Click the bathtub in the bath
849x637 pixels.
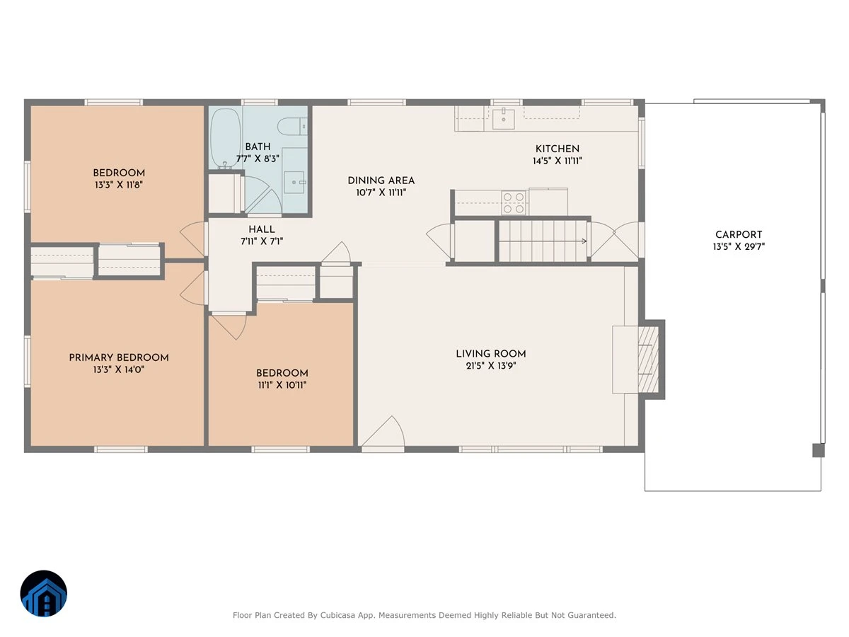coord(225,138)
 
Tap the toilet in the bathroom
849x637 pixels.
coord(292,127)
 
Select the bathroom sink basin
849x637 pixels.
coord(295,182)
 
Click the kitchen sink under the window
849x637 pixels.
coord(503,119)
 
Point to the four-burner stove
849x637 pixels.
coord(513,203)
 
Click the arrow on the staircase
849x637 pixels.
coord(543,241)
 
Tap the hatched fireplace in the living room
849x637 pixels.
coord(648,360)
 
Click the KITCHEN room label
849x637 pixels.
coord(558,149)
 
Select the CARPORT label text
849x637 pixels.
coord(739,235)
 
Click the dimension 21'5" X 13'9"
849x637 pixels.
coord(491,365)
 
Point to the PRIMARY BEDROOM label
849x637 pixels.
coord(119,357)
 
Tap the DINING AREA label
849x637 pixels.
coord(381,180)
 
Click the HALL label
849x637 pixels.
coord(262,229)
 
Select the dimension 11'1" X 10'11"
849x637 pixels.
coord(282,385)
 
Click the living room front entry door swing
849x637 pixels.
coord(383,431)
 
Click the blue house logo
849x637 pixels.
coord(44,593)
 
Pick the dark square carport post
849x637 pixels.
coord(818,451)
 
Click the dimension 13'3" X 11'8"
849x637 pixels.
coord(119,185)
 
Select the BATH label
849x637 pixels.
coord(258,147)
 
